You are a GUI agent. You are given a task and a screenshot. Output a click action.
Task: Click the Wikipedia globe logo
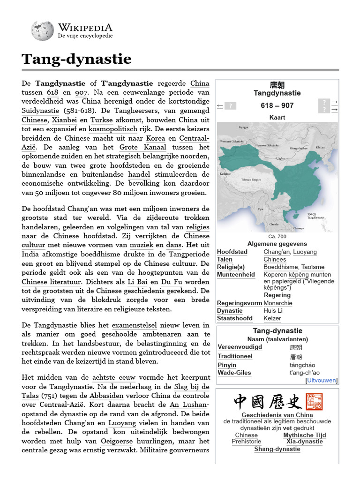pos(42,30)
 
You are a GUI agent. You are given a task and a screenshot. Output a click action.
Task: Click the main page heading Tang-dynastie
pos(76,60)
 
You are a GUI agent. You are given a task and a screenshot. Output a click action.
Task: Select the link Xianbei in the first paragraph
pos(64,120)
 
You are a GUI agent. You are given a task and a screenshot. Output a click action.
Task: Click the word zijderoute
pos(163,217)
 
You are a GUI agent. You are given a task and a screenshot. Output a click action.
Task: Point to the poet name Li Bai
pos(138,282)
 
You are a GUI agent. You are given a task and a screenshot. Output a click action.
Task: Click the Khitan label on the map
pos(320,147)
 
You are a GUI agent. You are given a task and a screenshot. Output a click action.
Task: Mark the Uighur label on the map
pos(281,158)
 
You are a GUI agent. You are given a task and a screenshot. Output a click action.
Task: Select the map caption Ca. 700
pos(277,236)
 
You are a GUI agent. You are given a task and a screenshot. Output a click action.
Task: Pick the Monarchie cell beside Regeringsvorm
pos(277,303)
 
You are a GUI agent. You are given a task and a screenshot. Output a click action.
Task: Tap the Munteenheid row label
pos(236,275)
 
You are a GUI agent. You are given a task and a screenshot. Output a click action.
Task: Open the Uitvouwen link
pos(322,380)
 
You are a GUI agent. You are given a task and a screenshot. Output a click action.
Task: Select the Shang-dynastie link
pos(277,449)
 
